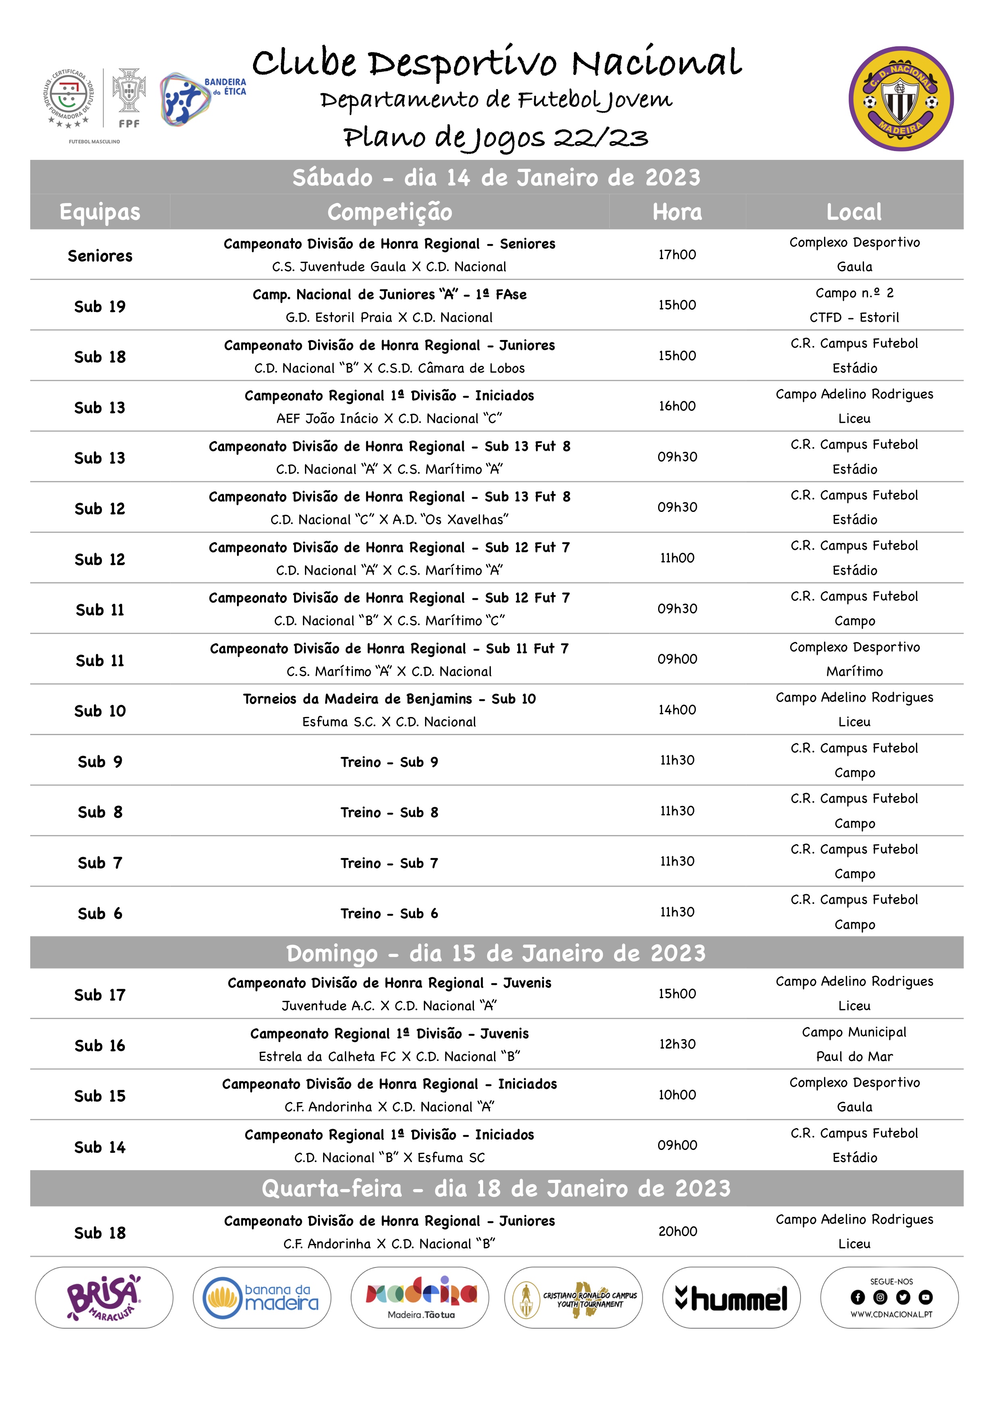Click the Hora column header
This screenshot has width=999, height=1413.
(677, 212)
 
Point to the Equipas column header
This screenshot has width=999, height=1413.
(100, 212)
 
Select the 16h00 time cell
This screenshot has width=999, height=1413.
(677, 406)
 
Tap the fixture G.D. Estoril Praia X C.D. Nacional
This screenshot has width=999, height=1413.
(389, 317)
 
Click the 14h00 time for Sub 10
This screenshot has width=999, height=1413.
(677, 710)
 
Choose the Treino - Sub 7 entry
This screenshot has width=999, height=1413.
(389, 863)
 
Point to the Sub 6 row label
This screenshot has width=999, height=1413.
(100, 913)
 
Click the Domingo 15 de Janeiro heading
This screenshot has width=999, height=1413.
(496, 953)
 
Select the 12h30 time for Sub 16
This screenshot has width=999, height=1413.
(677, 1044)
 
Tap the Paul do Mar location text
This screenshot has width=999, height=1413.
(854, 1056)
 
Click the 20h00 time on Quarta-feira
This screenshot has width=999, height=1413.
(677, 1231)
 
